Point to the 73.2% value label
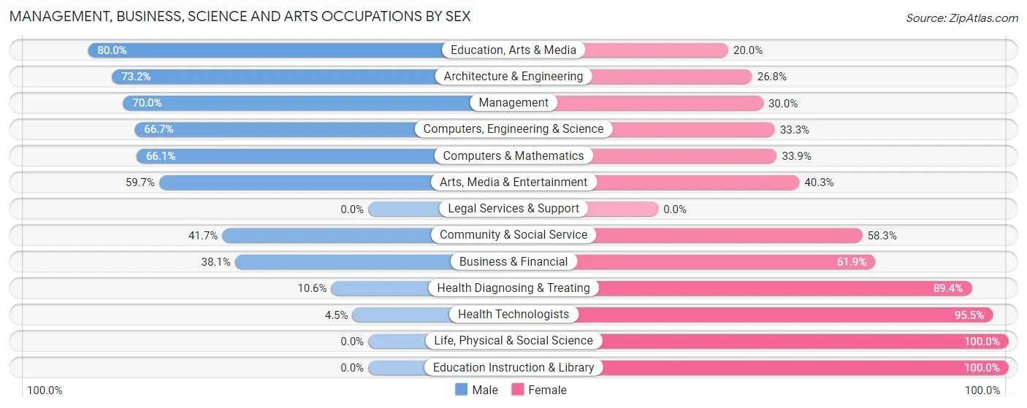[x=136, y=77]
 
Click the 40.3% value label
[x=819, y=182]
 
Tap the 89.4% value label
[x=948, y=288]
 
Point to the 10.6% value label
[x=312, y=288]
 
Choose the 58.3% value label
[x=882, y=235]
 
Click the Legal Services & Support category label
[x=513, y=209]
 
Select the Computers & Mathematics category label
[x=513, y=156]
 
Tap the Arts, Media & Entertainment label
[x=513, y=182]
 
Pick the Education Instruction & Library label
[x=513, y=367]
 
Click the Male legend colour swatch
[x=461, y=390]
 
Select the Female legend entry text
[x=547, y=390]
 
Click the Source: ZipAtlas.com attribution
[x=961, y=18]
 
